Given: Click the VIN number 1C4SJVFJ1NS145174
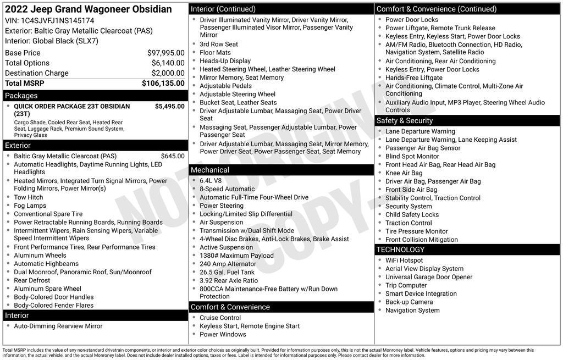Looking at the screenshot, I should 57,20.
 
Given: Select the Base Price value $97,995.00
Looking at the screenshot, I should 165,53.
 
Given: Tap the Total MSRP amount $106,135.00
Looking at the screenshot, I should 163,84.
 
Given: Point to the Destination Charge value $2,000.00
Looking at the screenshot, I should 168,73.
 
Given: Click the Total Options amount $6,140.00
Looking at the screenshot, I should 168,63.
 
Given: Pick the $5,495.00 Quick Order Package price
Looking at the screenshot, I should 169,107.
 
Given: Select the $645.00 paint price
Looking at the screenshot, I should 173,156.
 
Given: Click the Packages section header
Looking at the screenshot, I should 21,96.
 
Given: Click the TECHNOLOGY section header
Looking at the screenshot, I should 400,250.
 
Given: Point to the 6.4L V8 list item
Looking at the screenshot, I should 211,181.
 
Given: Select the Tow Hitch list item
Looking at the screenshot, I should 28,197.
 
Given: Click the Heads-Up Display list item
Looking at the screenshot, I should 225,61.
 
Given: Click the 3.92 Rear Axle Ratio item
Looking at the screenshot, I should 228,280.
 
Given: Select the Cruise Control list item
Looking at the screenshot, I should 220,318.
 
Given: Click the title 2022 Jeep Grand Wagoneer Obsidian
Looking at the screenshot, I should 88,9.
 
